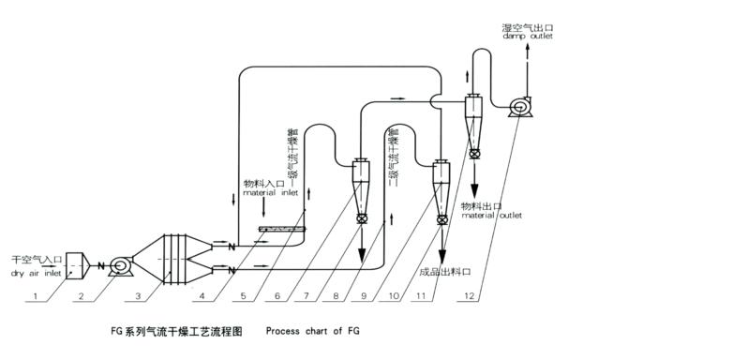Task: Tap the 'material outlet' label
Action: [x=492, y=215]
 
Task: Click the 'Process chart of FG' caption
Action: [x=312, y=331]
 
